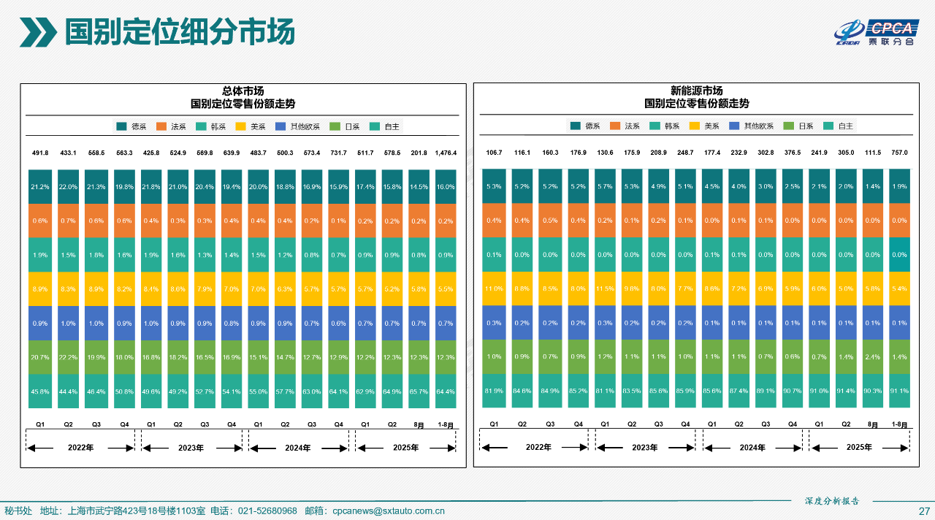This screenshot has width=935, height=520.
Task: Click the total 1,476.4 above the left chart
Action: (x=446, y=153)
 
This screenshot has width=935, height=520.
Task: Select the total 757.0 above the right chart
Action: (x=899, y=153)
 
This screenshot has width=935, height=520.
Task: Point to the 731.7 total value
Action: (x=338, y=153)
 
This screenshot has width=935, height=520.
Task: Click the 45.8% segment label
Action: (x=40, y=391)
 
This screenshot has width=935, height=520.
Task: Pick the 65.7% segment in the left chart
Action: (x=419, y=391)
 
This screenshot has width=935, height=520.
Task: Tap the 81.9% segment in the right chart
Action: (x=494, y=391)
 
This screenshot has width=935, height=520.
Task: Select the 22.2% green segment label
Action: (x=67, y=357)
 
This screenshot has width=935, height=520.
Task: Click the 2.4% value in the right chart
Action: (x=872, y=357)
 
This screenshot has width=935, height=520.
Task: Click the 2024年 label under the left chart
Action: (x=297, y=448)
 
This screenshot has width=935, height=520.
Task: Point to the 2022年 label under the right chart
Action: (x=538, y=447)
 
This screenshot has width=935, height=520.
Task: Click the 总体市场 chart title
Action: (x=243, y=91)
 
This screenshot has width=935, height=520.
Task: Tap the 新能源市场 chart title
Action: (x=696, y=91)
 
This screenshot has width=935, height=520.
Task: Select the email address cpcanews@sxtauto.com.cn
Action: (x=388, y=511)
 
